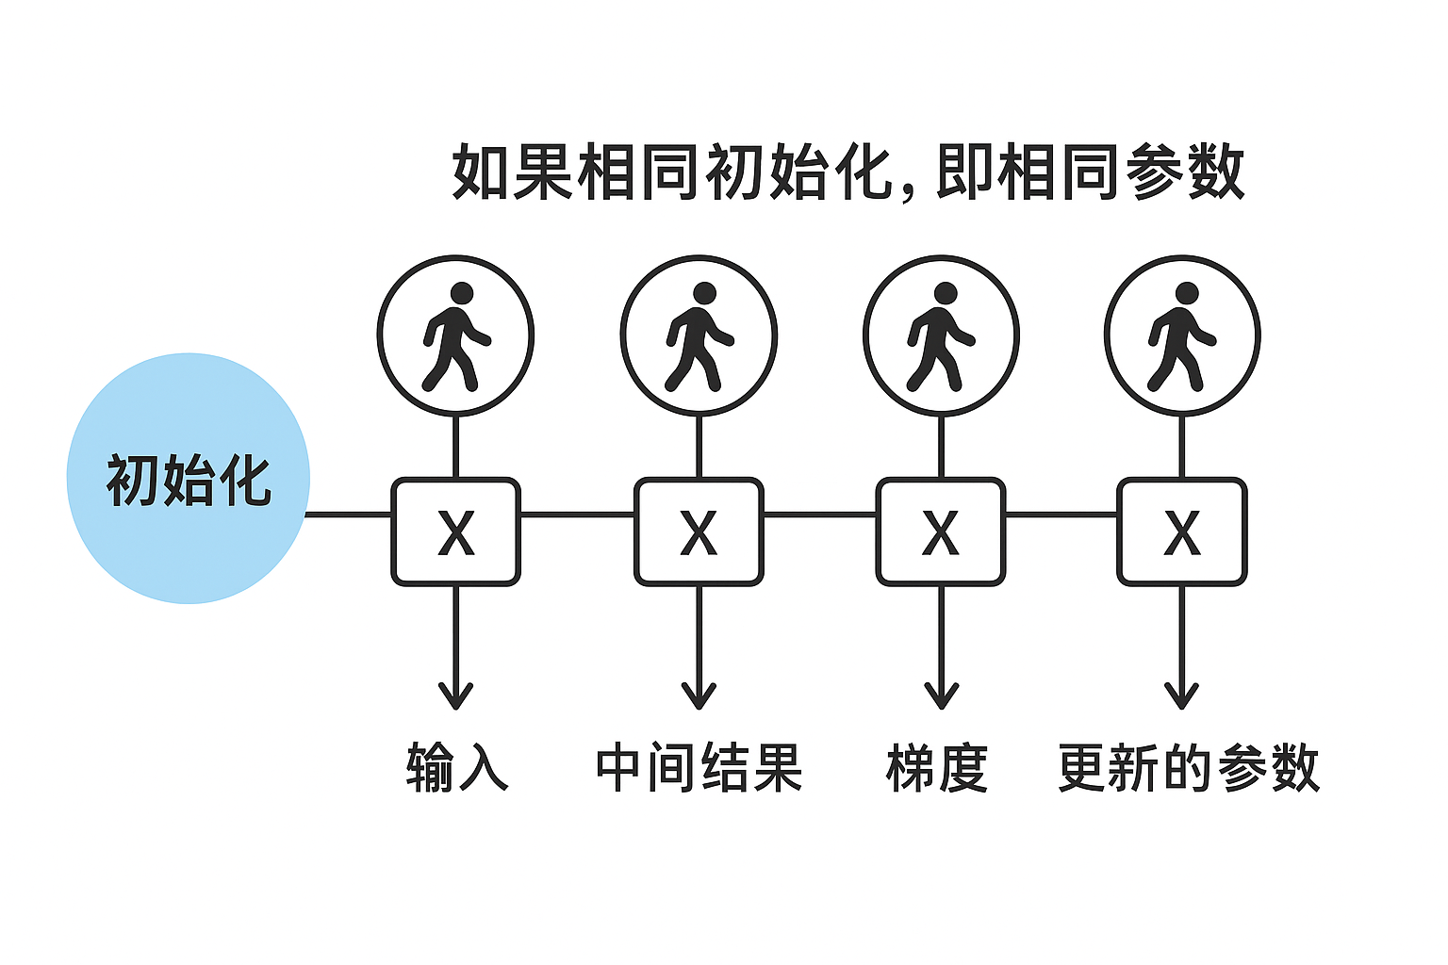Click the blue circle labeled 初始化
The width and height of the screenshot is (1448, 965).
189,479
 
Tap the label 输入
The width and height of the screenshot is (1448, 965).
457,767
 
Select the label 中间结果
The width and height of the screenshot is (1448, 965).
699,767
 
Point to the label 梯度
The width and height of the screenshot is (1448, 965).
937,767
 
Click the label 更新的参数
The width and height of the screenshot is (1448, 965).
1188,767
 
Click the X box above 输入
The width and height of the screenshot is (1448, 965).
456,532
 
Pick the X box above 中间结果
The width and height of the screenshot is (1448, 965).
699,532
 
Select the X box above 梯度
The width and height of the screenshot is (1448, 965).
941,532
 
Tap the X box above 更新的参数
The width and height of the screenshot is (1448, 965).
1182,532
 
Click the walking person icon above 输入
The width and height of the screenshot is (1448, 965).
456,335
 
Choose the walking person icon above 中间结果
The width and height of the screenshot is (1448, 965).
699,335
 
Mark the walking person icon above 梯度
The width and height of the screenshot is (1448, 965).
941,335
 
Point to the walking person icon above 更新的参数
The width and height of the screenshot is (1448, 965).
1182,335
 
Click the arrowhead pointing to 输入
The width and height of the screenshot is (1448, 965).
456,697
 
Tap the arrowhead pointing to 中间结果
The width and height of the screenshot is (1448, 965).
699,697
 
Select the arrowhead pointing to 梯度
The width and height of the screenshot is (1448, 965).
941,697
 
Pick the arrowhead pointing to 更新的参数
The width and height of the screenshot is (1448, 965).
1182,697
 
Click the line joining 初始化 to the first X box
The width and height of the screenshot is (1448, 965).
350,515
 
